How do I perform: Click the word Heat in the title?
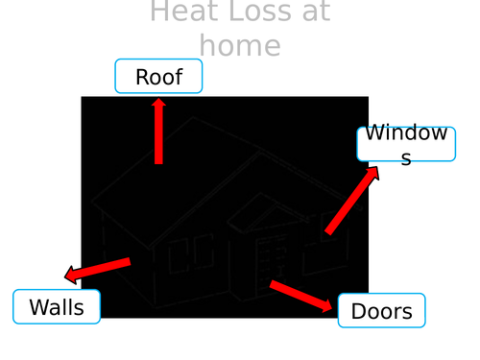coord(182,12)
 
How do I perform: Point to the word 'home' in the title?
coord(240,45)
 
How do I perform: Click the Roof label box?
coord(158,77)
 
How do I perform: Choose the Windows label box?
coord(406,144)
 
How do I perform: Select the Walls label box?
coord(57,307)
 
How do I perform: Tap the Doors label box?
coord(381,311)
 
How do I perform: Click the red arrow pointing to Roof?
coord(158,134)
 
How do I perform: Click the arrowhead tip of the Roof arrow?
coord(158,100)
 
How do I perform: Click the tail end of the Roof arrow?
coord(158,162)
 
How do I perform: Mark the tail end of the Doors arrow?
coord(272,283)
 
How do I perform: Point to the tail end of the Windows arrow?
coord(328,231)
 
